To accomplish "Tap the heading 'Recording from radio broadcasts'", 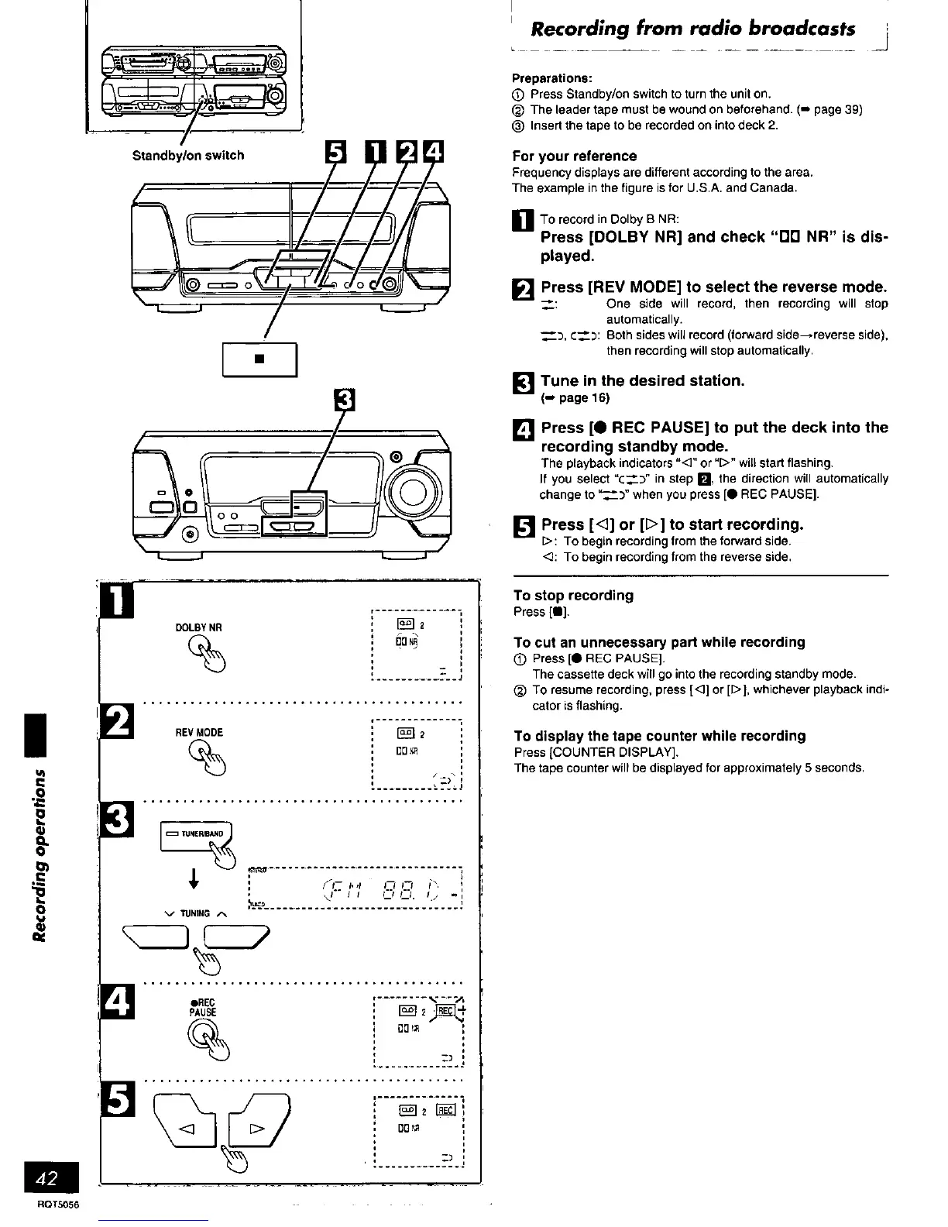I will [x=693, y=29].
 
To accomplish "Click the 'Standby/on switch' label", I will [x=188, y=155].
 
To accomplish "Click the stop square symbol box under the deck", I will [x=259, y=359].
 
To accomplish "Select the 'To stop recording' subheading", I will [x=573, y=596].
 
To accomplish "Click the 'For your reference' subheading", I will [x=575, y=156].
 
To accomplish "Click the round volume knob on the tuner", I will [x=411, y=491].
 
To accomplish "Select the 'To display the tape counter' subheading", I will [x=659, y=736].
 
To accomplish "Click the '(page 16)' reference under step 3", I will [x=575, y=398].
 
